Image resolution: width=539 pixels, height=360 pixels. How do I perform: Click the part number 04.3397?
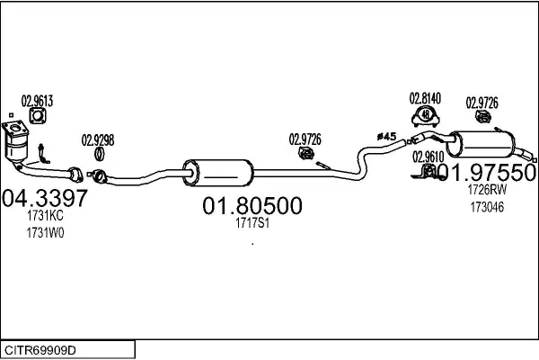coord(45,197)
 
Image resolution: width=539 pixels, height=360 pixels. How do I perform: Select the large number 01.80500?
coord(251,206)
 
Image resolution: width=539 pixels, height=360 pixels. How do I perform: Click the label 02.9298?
coord(98,139)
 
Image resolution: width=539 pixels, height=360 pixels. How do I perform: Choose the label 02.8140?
coord(427,97)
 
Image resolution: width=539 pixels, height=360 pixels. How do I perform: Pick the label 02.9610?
coord(429,157)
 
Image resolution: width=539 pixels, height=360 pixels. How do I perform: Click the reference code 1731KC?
coord(46,216)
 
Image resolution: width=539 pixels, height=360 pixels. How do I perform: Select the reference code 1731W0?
coord(46,232)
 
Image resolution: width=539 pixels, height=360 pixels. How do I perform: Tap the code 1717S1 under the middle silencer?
coord(251,223)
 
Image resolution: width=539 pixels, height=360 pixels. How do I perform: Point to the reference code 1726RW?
coord(486,190)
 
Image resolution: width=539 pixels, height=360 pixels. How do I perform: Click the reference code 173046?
coord(486,207)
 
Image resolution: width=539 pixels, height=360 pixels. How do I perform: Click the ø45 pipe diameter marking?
coord(386,136)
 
